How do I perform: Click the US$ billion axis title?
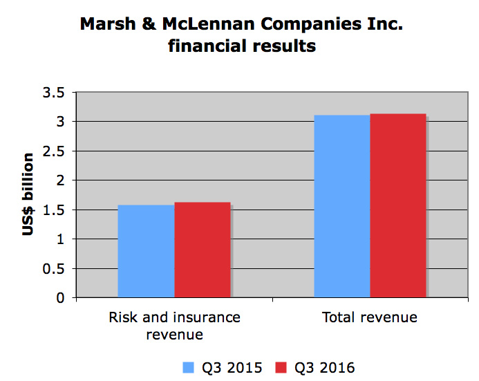tap(28, 196)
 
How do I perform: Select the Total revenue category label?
tap(370, 318)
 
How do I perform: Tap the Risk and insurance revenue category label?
tap(175, 326)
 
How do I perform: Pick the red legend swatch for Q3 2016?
tap(281, 367)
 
